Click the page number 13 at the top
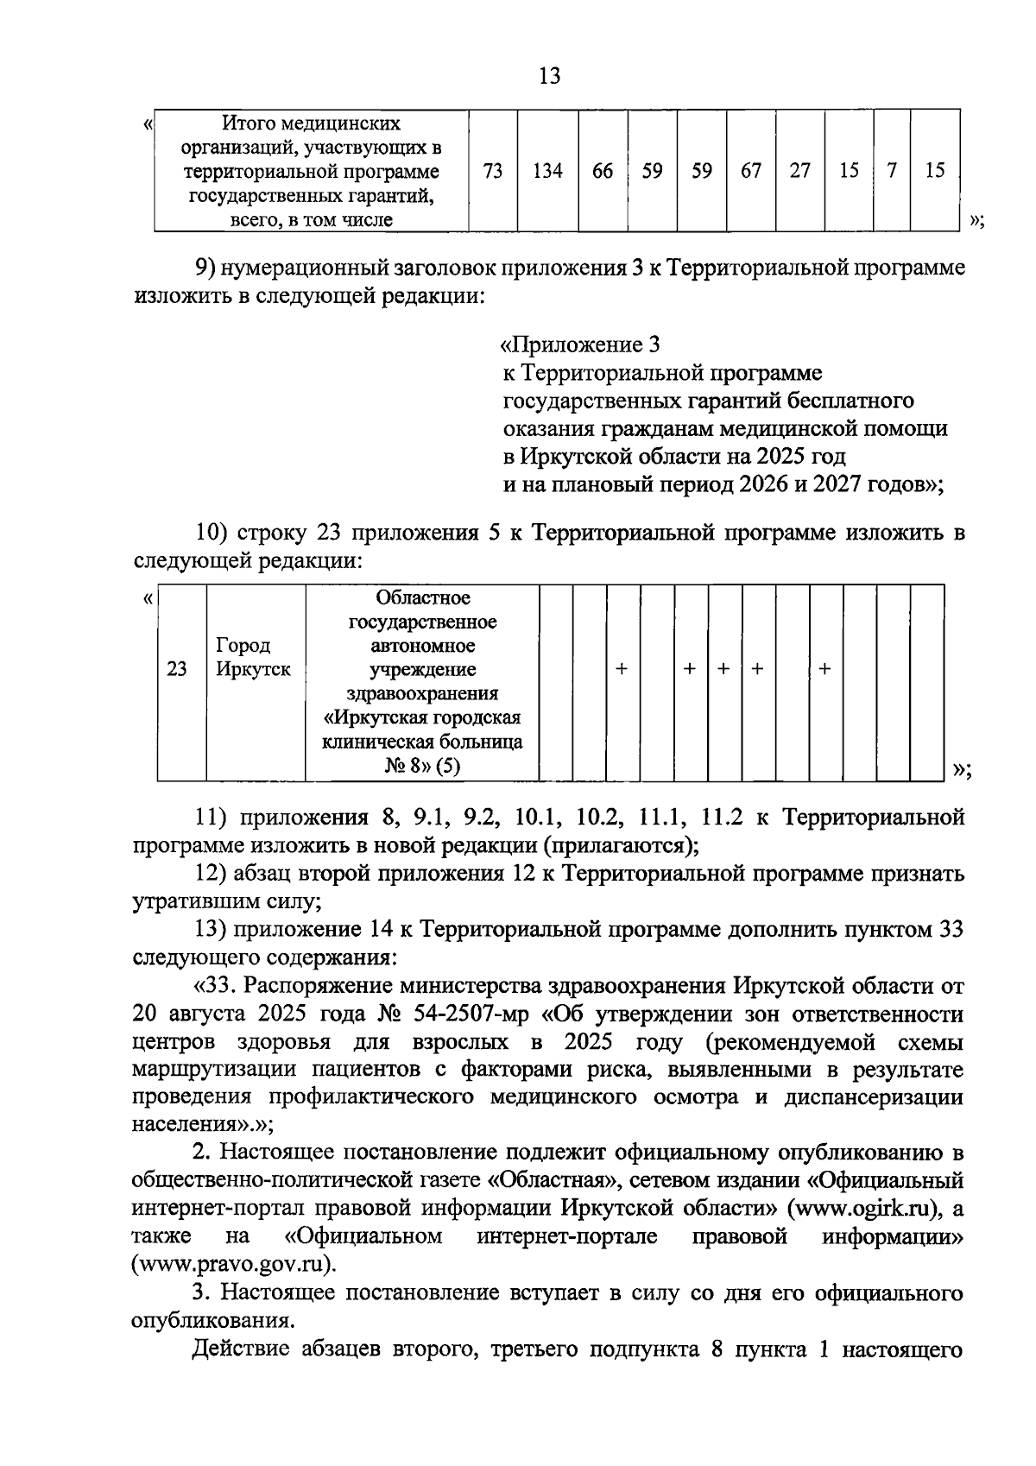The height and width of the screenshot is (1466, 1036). pos(549,76)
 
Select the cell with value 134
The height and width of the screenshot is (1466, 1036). pos(547,171)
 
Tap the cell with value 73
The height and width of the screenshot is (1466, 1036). pos(493,171)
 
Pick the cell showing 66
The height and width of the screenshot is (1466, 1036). pos(603,171)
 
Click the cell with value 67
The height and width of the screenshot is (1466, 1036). pos(750,171)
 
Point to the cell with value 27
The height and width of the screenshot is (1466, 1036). pos(800,171)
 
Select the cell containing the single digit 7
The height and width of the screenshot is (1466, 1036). pos(892,171)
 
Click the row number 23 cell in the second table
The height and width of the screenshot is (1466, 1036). pos(177,669)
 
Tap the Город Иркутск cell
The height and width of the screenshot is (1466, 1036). pos(253,658)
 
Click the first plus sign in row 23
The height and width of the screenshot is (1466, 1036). pos(621,669)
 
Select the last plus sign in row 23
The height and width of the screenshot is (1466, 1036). pos(824,669)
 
